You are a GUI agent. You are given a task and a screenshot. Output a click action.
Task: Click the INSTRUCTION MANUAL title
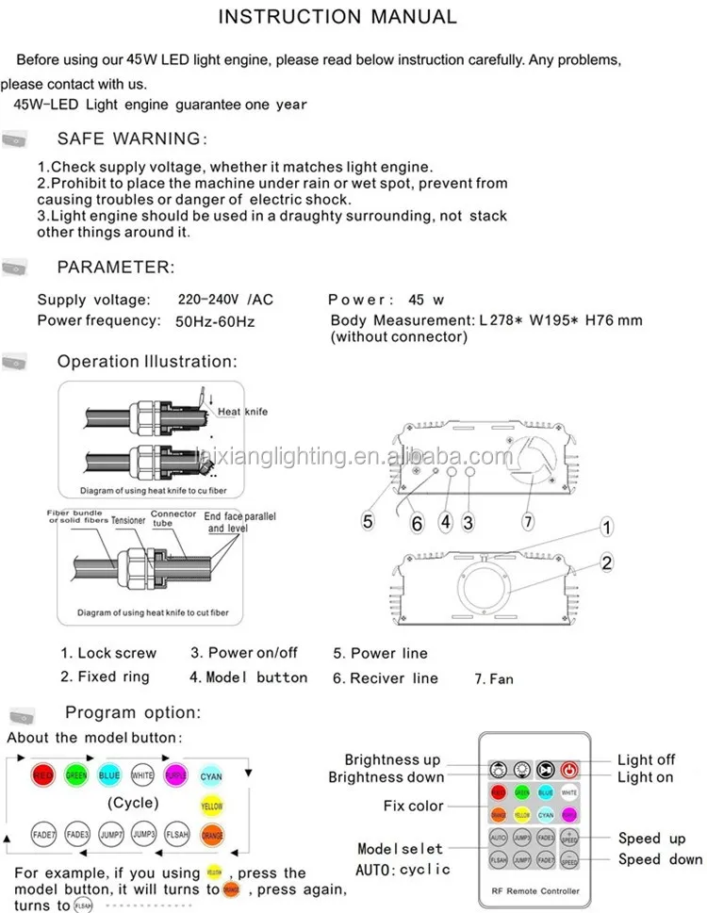coord(337,17)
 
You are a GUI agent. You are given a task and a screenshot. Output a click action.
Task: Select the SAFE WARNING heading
coord(130,139)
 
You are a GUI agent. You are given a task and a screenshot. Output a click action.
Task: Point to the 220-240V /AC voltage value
coord(225,300)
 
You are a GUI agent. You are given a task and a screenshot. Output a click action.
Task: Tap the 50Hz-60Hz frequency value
coord(216,320)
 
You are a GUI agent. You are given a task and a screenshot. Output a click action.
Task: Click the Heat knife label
coord(242,412)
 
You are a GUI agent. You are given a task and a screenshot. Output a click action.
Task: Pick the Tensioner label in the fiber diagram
coord(128,520)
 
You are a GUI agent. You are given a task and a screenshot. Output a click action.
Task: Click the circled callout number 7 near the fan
coord(527,519)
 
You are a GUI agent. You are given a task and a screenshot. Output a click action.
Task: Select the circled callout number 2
coord(607,563)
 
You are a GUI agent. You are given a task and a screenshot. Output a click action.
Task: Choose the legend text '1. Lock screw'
coord(108,653)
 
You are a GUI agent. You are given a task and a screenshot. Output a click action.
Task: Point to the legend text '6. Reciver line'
coord(385,677)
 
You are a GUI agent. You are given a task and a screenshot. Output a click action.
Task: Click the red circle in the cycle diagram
coord(43,776)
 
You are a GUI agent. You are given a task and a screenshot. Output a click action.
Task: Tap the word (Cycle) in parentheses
coord(132,804)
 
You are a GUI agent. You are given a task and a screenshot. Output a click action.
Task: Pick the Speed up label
coord(651,838)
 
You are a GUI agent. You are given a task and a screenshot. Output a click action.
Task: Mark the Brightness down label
coord(386,777)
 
